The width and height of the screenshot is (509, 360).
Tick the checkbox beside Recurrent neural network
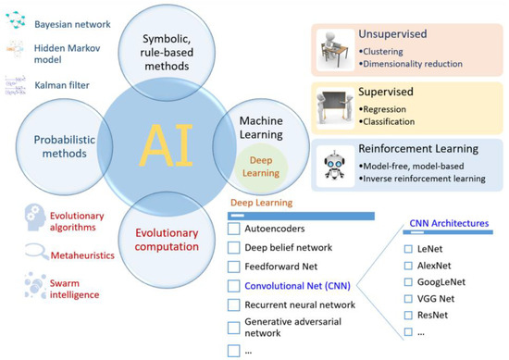(x=234, y=307)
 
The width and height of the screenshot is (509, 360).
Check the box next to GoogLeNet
(x=409, y=284)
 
